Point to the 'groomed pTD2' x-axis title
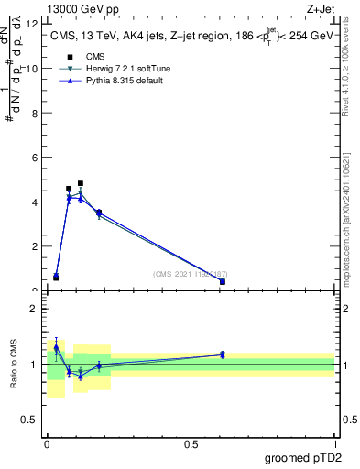tap(301, 458)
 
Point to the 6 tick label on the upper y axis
tap(34, 158)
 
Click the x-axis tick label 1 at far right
tap(334, 444)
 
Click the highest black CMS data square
tap(81, 183)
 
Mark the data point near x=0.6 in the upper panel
tap(223, 281)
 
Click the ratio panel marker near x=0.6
tap(223, 354)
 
